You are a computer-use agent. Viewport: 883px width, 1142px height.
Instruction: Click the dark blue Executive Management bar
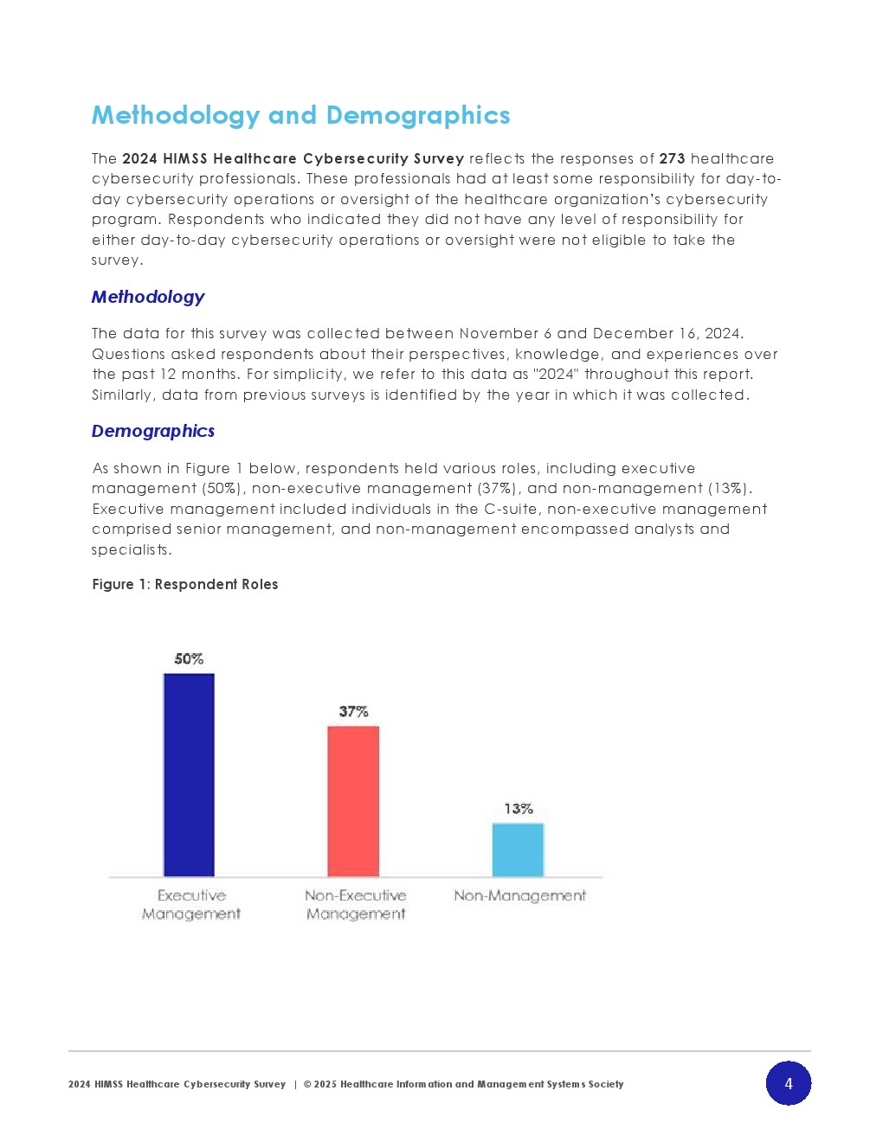click(189, 774)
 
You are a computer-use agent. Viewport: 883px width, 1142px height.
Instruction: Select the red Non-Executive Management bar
click(353, 801)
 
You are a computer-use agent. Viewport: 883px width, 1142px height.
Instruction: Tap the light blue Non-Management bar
click(518, 850)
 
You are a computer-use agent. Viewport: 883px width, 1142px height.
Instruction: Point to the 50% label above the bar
click(189, 659)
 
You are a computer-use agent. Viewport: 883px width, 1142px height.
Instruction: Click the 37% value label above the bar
click(353, 712)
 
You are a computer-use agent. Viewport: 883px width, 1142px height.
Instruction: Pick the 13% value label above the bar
click(519, 809)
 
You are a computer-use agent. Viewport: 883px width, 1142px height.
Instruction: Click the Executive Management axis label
click(191, 905)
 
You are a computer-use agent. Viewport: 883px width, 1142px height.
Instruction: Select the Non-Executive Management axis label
click(356, 905)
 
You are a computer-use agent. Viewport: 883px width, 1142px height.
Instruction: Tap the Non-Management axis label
click(519, 896)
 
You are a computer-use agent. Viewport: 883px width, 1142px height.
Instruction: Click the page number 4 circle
click(788, 1083)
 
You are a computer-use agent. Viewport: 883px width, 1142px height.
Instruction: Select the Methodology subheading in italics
click(148, 298)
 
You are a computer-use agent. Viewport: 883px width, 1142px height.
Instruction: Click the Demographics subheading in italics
click(153, 431)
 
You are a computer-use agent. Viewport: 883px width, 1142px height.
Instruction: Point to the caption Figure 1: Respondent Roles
click(185, 585)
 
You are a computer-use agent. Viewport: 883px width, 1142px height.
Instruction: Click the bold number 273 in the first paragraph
click(672, 159)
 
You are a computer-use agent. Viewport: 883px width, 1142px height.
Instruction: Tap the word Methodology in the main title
click(176, 115)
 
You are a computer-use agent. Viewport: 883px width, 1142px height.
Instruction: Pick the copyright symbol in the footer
click(307, 1084)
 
